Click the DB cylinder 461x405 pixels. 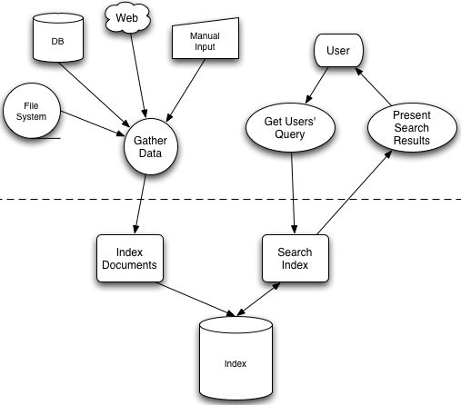pos(58,37)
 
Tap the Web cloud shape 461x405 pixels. pos(127,17)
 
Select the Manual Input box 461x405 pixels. pos(205,38)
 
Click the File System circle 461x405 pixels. pos(32,111)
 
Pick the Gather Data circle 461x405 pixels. pos(151,146)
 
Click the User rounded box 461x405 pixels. pos(338,50)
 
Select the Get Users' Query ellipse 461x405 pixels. pos(290,127)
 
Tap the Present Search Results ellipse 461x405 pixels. pos(412,127)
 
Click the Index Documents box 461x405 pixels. pos(130,258)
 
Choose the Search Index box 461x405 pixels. pos(296,258)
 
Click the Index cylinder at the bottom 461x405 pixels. pos(236,359)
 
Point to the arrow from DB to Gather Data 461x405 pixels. pos(95,94)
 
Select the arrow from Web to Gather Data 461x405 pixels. pos(139,75)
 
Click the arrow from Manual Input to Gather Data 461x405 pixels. pos(185,90)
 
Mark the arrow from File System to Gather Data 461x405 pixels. pos(93,123)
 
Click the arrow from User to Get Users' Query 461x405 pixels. pos(316,85)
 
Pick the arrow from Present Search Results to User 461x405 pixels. pos(373,86)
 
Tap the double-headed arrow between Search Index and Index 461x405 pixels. pos(258,300)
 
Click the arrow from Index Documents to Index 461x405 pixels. pos(196,300)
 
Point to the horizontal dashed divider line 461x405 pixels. pos(230,199)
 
